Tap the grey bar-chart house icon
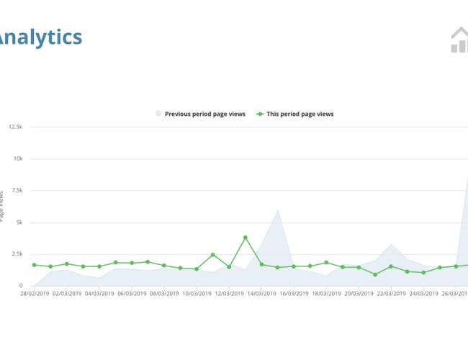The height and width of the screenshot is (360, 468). click(459, 40)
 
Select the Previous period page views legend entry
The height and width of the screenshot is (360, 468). click(200, 114)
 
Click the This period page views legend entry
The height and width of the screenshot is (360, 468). click(295, 114)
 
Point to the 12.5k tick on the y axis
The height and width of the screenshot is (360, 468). click(15, 127)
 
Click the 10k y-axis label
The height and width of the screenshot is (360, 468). click(17, 158)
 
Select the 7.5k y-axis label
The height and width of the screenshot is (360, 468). click(16, 190)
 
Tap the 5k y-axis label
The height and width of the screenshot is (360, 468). click(19, 222)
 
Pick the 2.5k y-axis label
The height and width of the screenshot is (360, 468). click(16, 254)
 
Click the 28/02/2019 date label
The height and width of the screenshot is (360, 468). click(34, 294)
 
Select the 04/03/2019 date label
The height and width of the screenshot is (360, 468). click(99, 294)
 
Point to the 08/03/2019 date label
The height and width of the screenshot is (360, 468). click(164, 294)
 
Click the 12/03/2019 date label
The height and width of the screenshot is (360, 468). click(229, 294)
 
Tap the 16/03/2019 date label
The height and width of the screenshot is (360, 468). click(294, 294)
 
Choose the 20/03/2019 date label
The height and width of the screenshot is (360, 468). click(359, 294)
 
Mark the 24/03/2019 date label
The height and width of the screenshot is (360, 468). click(423, 294)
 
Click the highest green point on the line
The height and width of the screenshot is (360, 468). click(246, 238)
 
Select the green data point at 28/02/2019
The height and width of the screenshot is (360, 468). click(34, 265)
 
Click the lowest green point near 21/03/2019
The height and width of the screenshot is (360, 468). click(375, 274)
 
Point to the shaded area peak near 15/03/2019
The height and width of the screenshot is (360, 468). click(278, 210)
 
